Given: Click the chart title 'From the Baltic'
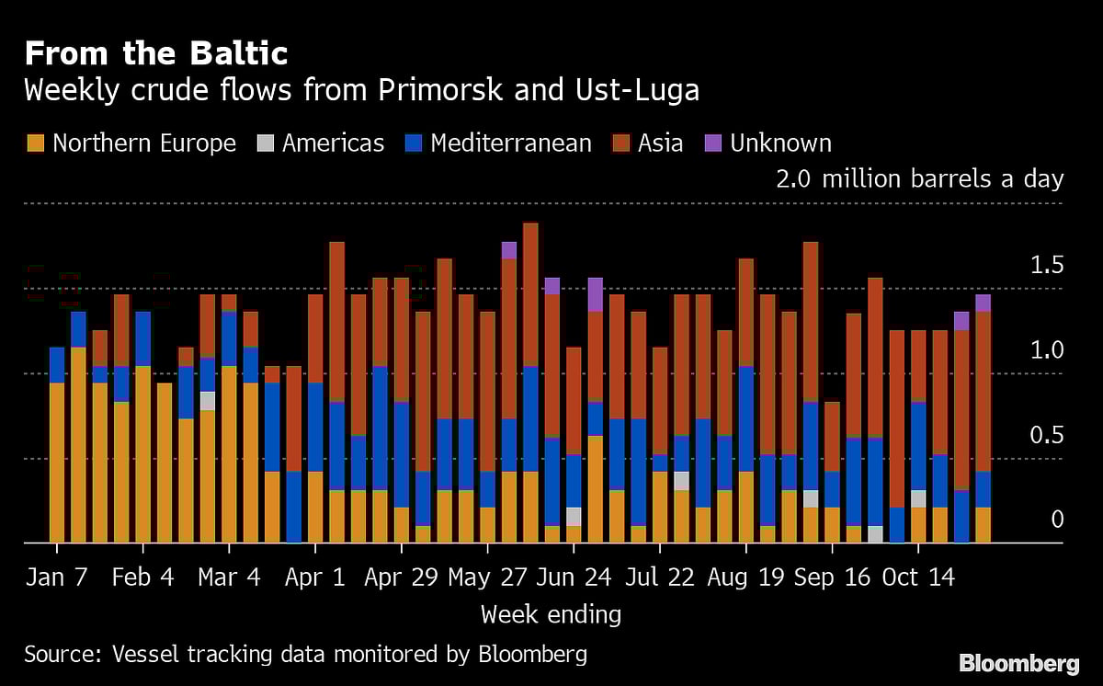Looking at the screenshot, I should [155, 53].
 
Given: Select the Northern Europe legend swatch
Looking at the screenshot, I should [35, 143].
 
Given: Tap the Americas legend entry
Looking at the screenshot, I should [320, 143].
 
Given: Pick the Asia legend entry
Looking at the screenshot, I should [649, 143].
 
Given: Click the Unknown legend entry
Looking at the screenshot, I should [768, 143].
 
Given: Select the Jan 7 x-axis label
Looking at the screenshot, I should [57, 577].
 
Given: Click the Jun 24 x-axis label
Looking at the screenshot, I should [573, 577].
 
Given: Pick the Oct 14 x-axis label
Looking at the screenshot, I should [917, 577].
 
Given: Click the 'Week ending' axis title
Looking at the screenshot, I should [551, 614].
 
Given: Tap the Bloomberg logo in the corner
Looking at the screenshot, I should [1018, 663].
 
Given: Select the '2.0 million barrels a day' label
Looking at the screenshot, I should [919, 178].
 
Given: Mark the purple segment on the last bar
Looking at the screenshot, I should [983, 303].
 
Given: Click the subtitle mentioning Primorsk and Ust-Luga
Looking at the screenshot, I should [361, 91].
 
